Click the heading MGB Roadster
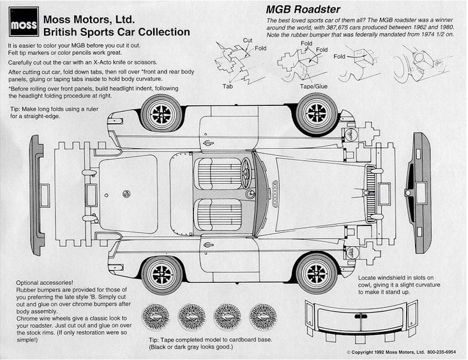pos(303,9)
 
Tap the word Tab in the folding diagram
pos(227,86)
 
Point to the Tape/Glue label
pos(314,86)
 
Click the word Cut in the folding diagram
pos(247,40)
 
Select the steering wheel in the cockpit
pos(245,172)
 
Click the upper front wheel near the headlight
pos(317,113)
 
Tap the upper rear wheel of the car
pos(161,114)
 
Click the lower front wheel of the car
pos(317,273)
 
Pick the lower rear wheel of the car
pos(162,274)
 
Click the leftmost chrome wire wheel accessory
pos(156,317)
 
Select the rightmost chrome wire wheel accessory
pos(262,317)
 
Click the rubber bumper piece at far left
pos(37,195)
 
